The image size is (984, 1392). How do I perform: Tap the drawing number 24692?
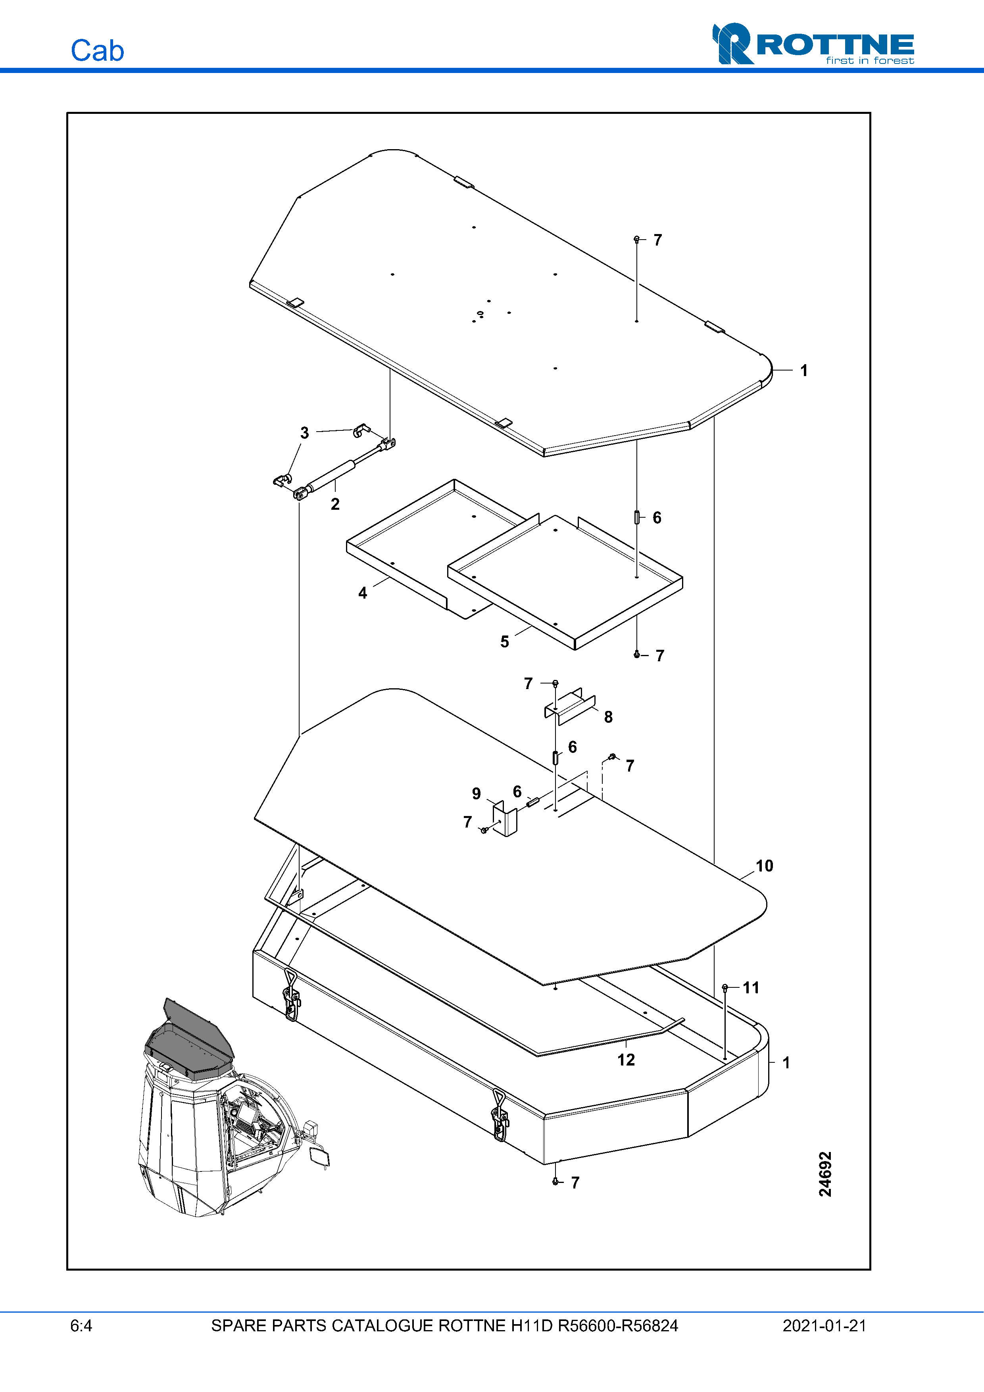825,1174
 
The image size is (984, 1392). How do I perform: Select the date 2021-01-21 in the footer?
824,1325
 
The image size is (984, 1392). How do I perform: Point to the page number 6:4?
81,1325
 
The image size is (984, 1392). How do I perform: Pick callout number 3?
304,433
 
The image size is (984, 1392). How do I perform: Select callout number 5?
504,641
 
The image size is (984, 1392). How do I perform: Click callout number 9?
477,794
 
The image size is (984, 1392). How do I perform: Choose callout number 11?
751,988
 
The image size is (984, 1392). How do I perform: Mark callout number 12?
626,1060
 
